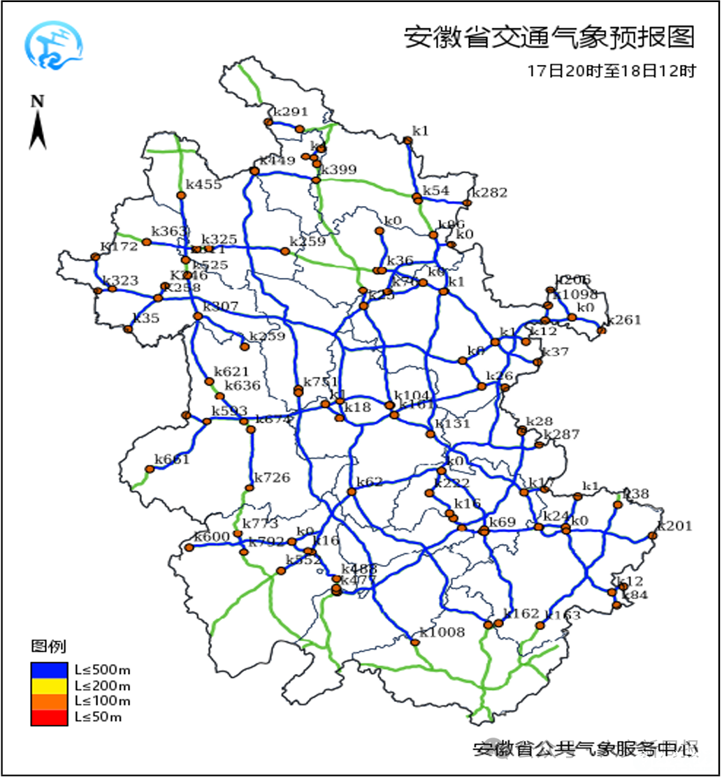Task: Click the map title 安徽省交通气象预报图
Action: click(549, 37)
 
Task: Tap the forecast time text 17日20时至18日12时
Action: click(612, 71)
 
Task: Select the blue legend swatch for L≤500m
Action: click(49, 669)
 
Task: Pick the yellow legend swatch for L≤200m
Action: click(49, 685)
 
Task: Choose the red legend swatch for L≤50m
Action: click(49, 717)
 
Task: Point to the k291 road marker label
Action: click(290, 111)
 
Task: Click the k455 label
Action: click(203, 184)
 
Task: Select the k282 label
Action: click(489, 193)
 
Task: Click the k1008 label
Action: click(442, 632)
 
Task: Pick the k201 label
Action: click(674, 526)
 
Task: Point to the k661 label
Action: click(172, 459)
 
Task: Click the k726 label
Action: click(271, 478)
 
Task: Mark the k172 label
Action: click(119, 247)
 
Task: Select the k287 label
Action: click(561, 434)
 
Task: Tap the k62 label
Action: click(370, 482)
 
